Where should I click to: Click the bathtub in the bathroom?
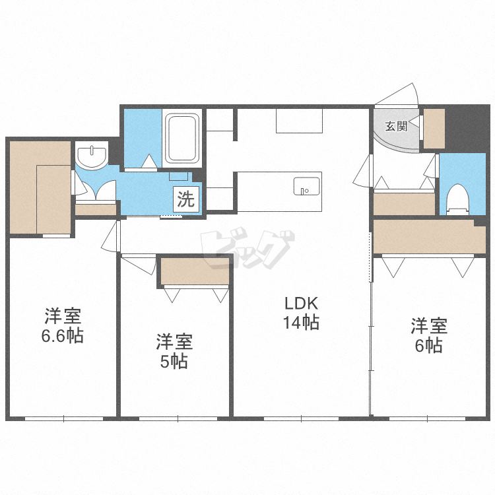pyautogui.click(x=182, y=139)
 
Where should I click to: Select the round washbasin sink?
pyautogui.click(x=92, y=155)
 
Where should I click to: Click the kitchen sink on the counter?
pyautogui.click(x=306, y=186)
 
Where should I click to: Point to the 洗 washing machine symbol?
pyautogui.click(x=186, y=199)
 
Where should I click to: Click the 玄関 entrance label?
pyautogui.click(x=396, y=126)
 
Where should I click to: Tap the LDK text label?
pyautogui.click(x=301, y=304)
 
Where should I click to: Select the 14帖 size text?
pyautogui.click(x=301, y=322)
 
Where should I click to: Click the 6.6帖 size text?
pyautogui.click(x=63, y=335)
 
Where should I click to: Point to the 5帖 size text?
pyautogui.click(x=174, y=362)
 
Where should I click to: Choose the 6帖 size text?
pyautogui.click(x=428, y=345)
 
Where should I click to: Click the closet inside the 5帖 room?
pyautogui.click(x=195, y=271)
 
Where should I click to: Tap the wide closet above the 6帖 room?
pyautogui.click(x=429, y=237)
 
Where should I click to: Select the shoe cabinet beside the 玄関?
pyautogui.click(x=434, y=129)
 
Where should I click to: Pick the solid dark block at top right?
pyautogui.click(x=467, y=128)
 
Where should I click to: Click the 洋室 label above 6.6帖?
pyautogui.click(x=63, y=316)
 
